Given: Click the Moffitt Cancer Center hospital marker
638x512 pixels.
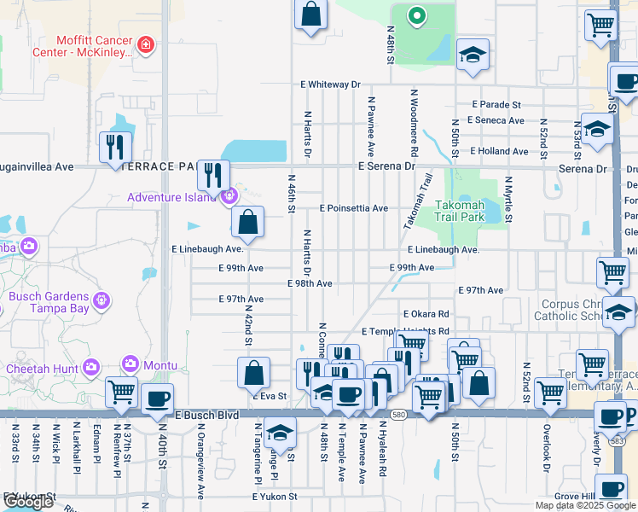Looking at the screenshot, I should [146, 44].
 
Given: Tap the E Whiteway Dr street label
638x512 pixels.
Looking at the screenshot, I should [330, 84].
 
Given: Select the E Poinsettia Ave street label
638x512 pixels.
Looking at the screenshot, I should [353, 208].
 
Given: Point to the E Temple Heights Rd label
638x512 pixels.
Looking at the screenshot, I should [405, 331].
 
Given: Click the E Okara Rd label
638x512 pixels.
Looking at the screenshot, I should [426, 314].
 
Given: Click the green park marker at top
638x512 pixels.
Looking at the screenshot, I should [416, 15].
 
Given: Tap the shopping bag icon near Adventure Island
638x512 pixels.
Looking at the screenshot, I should [246, 223].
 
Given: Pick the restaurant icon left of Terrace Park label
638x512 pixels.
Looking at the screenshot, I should [113, 148].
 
